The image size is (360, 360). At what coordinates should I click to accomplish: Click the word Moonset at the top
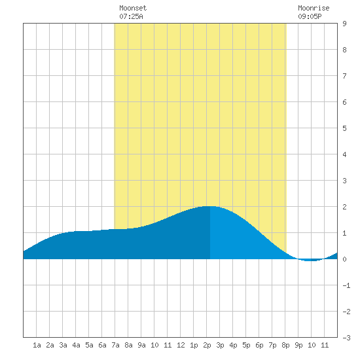pyautogui.click(x=133, y=8)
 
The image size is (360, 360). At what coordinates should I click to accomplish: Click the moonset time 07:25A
pyautogui.click(x=131, y=16)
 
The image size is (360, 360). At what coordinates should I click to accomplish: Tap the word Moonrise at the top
pyautogui.click(x=314, y=8)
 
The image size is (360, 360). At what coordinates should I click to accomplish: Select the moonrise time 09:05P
pyautogui.click(x=310, y=16)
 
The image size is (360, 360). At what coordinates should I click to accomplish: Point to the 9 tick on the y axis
pyautogui.click(x=344, y=24)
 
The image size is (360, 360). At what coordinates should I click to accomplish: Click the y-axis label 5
pyautogui.click(x=344, y=128)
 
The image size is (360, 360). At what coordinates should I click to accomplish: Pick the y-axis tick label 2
pyautogui.click(x=344, y=207)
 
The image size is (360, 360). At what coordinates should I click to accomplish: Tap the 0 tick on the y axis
pyautogui.click(x=344, y=259)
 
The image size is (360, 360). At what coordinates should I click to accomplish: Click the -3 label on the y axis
pyautogui.click(x=346, y=338)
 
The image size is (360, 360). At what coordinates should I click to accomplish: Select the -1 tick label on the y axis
pyautogui.click(x=346, y=285)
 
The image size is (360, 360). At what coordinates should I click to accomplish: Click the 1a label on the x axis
pyautogui.click(x=37, y=345)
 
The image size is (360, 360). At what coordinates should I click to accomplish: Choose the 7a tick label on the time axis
pyautogui.click(x=115, y=345)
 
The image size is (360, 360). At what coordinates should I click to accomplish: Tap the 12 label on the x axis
pyautogui.click(x=181, y=345)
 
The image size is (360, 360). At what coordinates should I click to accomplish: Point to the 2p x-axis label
pyautogui.click(x=207, y=345)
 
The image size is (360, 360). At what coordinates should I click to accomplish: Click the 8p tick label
pyautogui.click(x=285, y=345)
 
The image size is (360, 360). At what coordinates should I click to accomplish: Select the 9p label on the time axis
pyautogui.click(x=298, y=345)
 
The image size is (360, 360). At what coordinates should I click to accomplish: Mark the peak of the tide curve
pyautogui.click(x=209, y=206)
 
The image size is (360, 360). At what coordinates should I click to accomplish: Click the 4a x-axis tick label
pyautogui.click(x=76, y=345)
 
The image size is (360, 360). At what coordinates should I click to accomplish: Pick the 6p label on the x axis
pyautogui.click(x=259, y=345)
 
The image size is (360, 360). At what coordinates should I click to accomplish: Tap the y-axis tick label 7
pyautogui.click(x=344, y=76)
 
